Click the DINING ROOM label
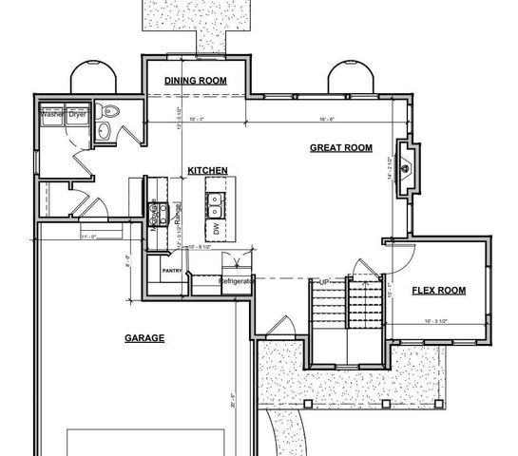195,81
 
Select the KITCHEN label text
207,170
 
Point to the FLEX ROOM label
438,290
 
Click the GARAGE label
144,337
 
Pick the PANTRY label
172,271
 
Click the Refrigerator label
236,282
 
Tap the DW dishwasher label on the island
217,229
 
